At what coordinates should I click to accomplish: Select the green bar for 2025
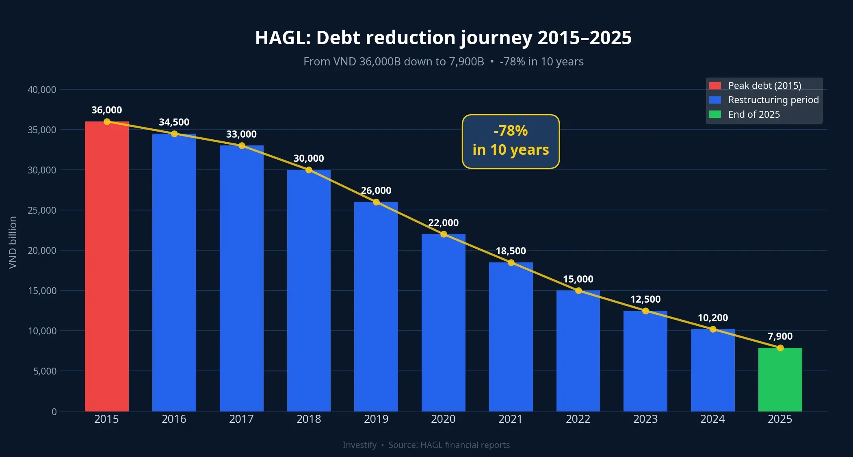780,379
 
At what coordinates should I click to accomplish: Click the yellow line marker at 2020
444,234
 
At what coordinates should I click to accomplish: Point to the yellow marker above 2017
242,146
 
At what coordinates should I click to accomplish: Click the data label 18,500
511,251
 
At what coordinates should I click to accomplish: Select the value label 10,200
712,318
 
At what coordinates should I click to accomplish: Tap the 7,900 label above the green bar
780,336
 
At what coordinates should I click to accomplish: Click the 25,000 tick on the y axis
42,210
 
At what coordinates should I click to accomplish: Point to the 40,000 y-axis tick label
42,90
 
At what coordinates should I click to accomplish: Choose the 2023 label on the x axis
645,419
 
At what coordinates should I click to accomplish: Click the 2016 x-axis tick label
174,419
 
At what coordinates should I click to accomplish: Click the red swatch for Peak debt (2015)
715,86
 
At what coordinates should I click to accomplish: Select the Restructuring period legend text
773,100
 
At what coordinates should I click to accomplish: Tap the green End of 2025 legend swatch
715,115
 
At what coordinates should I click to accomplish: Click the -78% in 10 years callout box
511,141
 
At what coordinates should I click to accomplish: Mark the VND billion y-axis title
13,242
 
